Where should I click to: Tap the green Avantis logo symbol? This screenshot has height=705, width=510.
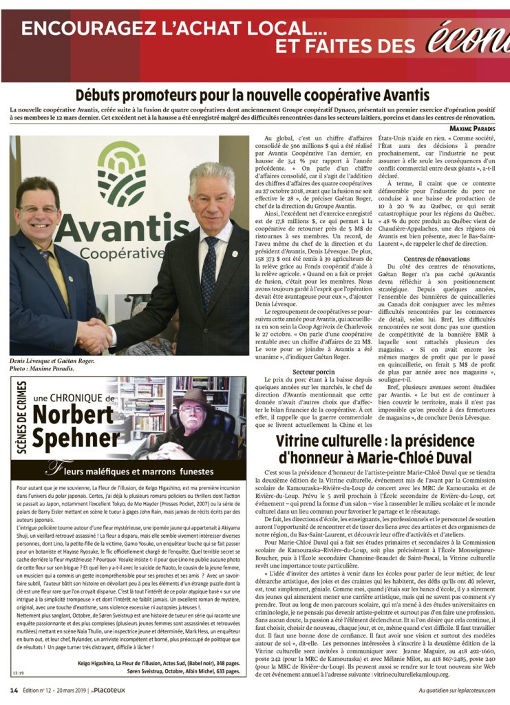(121, 174)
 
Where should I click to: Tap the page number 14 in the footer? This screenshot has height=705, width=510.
(14, 690)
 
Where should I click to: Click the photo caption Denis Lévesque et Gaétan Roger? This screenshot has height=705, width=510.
(52, 360)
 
